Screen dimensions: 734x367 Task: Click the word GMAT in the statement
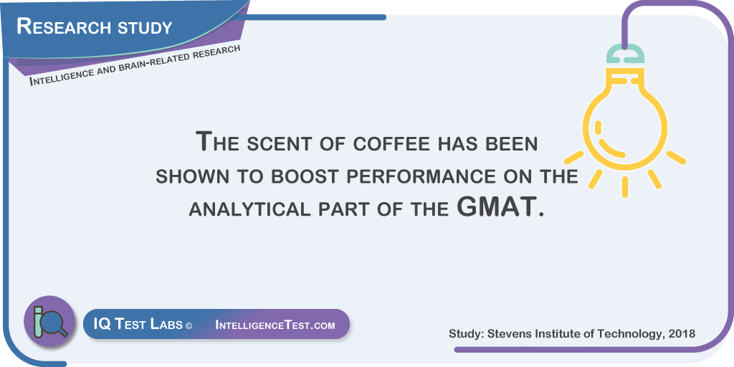[495, 207]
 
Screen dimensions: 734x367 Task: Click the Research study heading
[95, 27]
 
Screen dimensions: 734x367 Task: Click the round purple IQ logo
[49, 320]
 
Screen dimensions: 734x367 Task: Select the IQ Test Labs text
[138, 325]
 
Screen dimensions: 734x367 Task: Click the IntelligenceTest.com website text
[275, 325]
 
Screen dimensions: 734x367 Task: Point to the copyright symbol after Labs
[189, 325]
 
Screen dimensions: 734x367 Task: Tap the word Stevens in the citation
[504, 334]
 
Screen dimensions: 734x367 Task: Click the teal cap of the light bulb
[625, 54]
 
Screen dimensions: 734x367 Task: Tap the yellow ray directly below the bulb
[624, 187]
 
